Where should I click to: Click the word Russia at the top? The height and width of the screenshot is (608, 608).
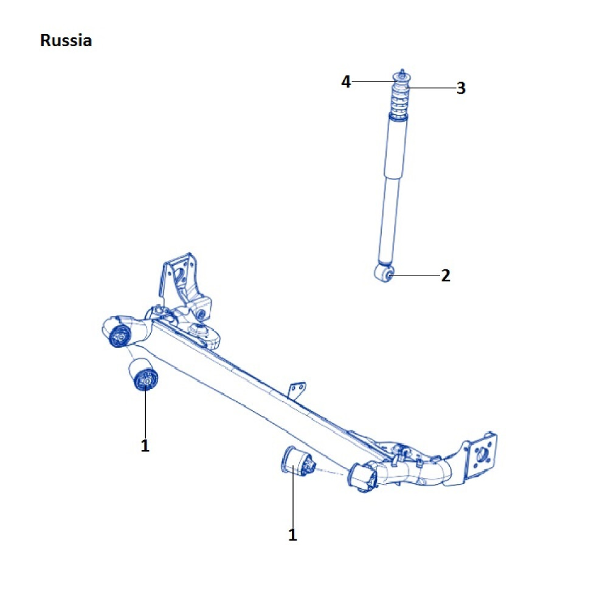pos(66,41)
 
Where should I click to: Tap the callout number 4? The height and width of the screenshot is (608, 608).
pos(346,81)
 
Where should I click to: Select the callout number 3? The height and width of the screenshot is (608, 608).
pos(461,88)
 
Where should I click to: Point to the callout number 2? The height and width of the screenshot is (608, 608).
pos(446,275)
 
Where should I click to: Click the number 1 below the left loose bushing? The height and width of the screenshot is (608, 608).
pos(145,446)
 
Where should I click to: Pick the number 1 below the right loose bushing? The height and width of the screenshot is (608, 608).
pos(292,535)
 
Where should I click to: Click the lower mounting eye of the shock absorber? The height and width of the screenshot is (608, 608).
pos(385,273)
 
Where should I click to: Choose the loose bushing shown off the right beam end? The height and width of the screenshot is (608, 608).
pos(297,464)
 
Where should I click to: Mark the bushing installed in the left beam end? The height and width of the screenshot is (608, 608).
pos(120,335)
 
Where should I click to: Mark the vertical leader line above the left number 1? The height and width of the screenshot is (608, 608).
pos(145,413)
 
